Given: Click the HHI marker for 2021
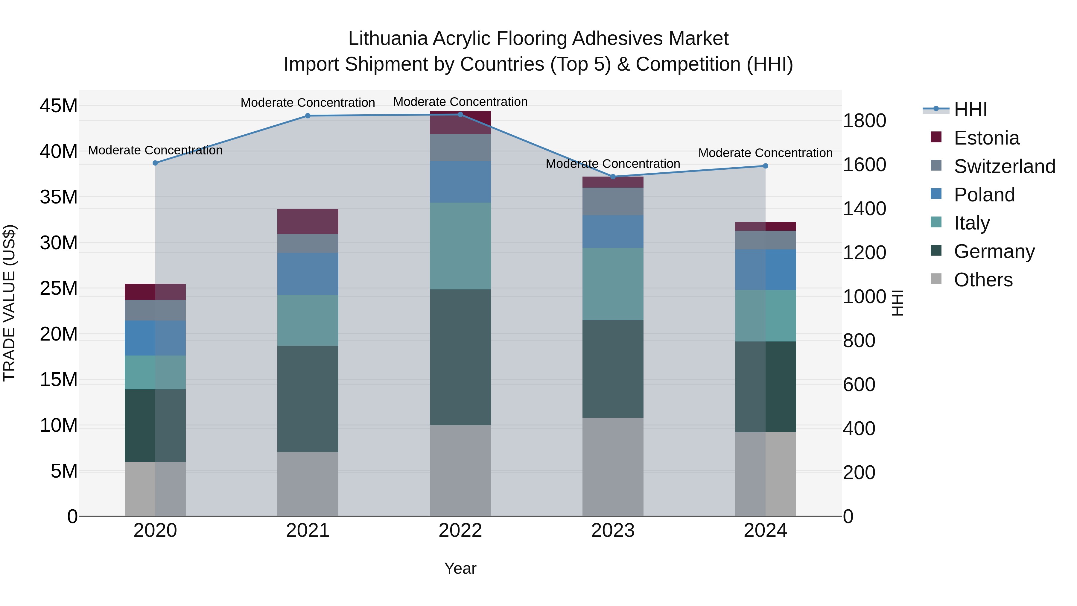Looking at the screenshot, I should click(308, 116).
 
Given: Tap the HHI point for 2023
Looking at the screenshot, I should click(613, 177).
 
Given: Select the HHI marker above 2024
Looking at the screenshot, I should click(766, 166).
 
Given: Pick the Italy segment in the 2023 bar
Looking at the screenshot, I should click(613, 284).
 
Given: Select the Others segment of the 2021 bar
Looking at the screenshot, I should click(308, 484).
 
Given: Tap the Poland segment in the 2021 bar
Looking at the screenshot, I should click(308, 274).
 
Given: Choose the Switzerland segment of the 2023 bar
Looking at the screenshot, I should click(613, 202).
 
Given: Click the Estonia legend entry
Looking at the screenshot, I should click(986, 138).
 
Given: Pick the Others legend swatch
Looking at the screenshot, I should click(936, 279).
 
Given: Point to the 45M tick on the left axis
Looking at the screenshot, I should click(59, 106).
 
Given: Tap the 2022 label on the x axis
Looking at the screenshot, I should click(460, 531).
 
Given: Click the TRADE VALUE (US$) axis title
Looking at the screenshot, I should click(10, 303).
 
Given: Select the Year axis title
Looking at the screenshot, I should click(460, 568).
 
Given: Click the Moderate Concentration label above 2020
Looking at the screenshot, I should click(155, 150).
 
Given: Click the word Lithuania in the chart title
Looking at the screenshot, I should click(388, 39).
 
